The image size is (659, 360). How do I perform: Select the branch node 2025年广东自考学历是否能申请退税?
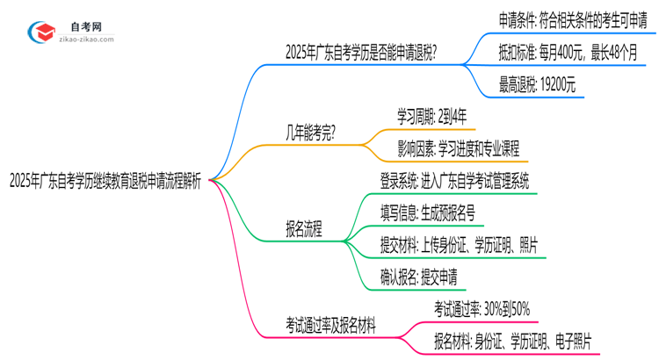tap(362, 52)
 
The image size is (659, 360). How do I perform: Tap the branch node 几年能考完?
tap(313, 133)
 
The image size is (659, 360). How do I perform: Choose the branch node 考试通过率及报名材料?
tap(330, 325)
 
